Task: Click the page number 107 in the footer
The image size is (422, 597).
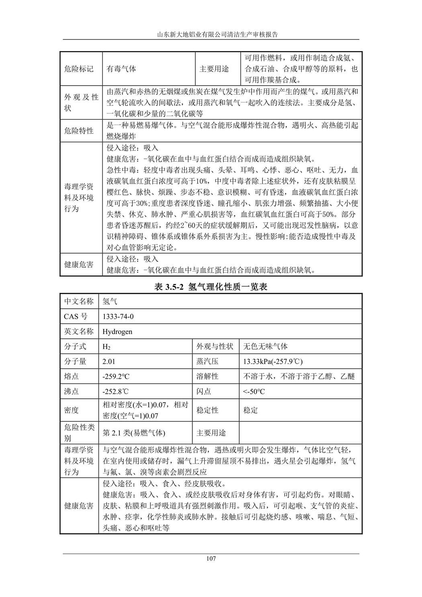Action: [x=211, y=558]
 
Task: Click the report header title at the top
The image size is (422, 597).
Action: [x=211, y=35]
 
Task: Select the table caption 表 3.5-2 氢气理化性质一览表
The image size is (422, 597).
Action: [x=211, y=287]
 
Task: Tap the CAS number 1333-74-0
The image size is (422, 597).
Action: [x=118, y=316]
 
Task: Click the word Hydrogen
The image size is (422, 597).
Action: [x=117, y=332]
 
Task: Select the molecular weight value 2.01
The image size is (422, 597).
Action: [x=109, y=361]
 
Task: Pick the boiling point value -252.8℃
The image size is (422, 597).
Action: [x=116, y=392]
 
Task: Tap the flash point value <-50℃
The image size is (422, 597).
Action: [x=254, y=392]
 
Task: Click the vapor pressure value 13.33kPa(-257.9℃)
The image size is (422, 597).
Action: [x=273, y=361]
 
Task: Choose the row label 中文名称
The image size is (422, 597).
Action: [x=79, y=301]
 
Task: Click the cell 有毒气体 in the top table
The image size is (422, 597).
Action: [x=121, y=69]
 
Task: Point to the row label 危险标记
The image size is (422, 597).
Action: [x=79, y=69]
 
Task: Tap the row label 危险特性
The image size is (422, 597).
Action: [x=79, y=131]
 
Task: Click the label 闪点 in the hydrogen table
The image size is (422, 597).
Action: [x=204, y=392]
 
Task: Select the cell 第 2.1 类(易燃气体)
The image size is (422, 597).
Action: [x=134, y=433]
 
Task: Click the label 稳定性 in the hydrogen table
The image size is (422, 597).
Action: [x=207, y=410]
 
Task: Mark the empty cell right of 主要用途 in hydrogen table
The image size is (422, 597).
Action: [x=300, y=433]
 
